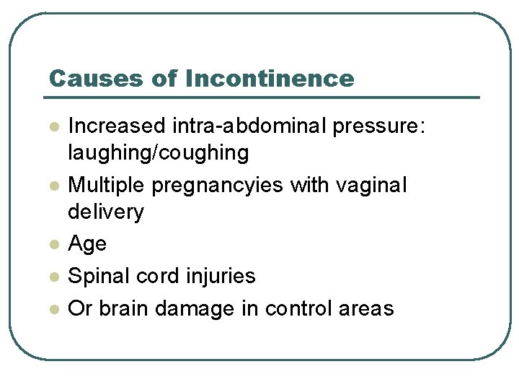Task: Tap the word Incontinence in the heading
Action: point(270,78)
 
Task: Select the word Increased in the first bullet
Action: point(117,126)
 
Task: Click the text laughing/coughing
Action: point(158,153)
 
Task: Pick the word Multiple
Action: point(107,185)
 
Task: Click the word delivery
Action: point(106,212)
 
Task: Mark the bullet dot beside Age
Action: point(53,245)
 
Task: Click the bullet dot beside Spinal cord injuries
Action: point(53,277)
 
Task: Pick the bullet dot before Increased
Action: point(53,127)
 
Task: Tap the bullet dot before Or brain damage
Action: point(53,308)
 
